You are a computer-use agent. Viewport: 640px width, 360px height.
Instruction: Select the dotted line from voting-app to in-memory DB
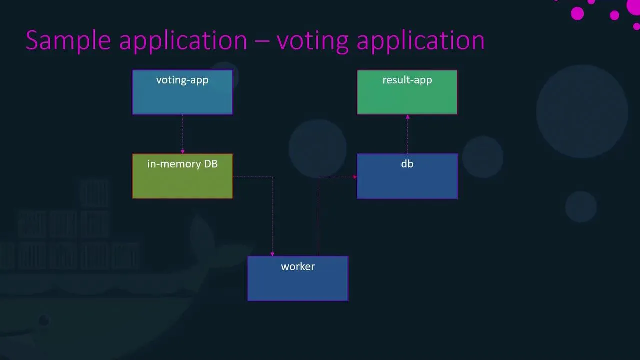182,132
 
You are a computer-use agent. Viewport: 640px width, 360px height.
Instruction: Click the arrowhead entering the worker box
272,254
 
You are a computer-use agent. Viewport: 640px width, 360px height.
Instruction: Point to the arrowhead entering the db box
354,177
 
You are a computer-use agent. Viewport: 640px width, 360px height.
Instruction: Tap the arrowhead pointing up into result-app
407,117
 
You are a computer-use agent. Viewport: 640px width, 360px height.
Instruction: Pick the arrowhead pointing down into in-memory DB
182,151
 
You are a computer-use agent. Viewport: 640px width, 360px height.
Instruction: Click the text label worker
298,267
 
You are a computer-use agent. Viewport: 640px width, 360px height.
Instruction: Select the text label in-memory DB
182,164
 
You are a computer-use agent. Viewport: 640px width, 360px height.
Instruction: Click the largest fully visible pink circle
577,13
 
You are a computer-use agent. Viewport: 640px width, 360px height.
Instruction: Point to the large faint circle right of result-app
582,111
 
